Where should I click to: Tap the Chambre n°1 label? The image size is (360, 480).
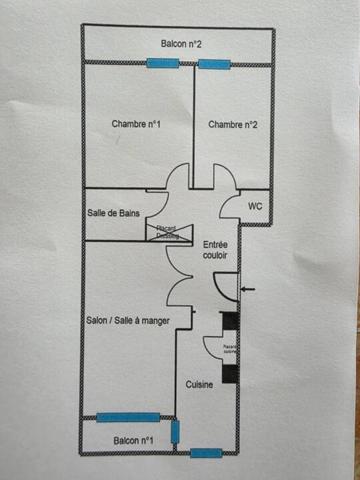[x=137, y=124]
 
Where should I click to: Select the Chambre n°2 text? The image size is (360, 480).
[x=233, y=124]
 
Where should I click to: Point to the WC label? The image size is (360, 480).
[x=255, y=206]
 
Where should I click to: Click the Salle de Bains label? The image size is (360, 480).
[x=111, y=213]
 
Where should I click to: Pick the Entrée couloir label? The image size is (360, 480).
[x=215, y=250]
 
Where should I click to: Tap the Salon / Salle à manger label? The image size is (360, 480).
[x=128, y=320]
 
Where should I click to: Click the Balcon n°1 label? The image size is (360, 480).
[x=132, y=441]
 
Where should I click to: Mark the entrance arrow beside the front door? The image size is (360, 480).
[x=247, y=290]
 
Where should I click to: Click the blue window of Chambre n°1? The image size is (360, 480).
[x=162, y=63]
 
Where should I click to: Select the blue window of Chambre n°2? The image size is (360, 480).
[x=213, y=64]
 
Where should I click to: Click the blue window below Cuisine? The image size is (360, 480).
[x=205, y=453]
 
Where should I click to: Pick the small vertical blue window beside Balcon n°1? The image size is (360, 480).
[x=175, y=432]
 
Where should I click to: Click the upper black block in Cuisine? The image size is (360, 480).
[x=230, y=326]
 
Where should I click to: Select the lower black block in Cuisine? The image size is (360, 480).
[x=230, y=373]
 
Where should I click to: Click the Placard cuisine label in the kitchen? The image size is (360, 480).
[x=229, y=349]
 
